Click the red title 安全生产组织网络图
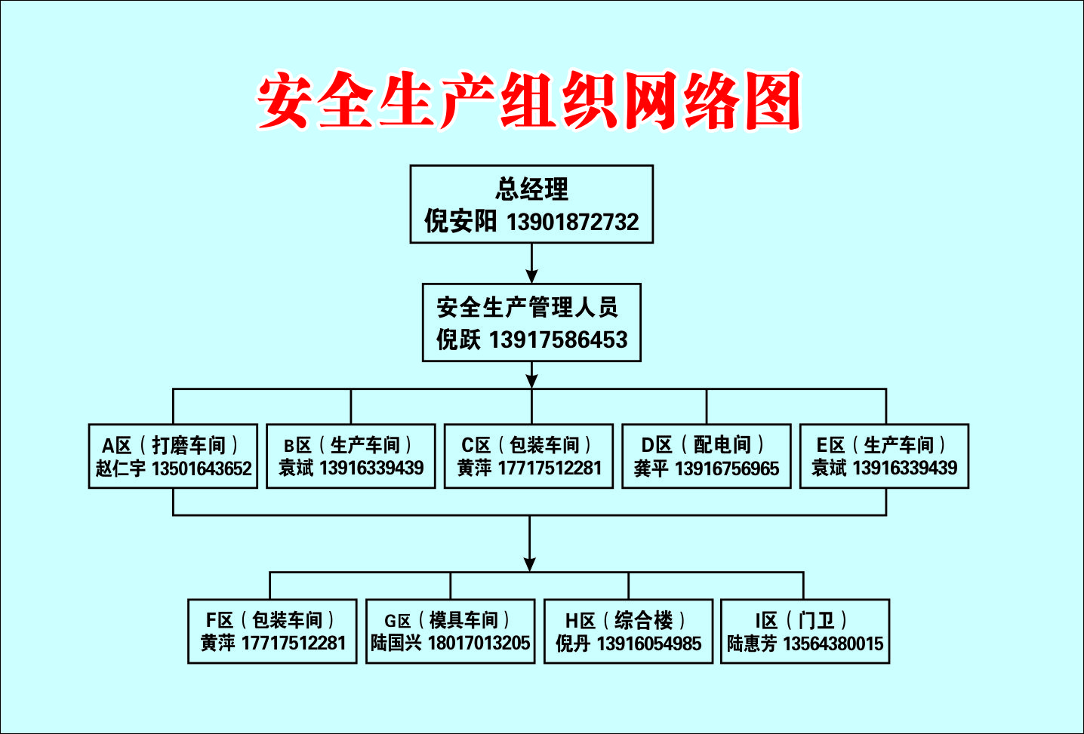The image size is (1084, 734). point(529,100)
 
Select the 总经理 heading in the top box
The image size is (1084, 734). point(531,189)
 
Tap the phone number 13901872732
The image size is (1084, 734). point(572,222)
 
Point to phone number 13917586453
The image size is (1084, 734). point(559,339)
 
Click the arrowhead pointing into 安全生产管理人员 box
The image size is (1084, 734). point(532,276)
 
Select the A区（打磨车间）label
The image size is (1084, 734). point(170,445)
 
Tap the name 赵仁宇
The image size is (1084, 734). point(120,468)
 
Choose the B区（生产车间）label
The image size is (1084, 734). point(347,445)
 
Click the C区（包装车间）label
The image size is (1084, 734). point(526,445)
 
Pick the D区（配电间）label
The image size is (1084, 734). point(703,445)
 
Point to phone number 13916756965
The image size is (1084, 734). point(727,468)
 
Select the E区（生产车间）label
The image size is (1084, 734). point(881,445)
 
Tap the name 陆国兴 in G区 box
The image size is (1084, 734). point(396,643)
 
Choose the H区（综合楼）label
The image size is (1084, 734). point(625,620)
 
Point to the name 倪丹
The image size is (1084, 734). point(573,643)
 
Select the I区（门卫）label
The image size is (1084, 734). point(802,620)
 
